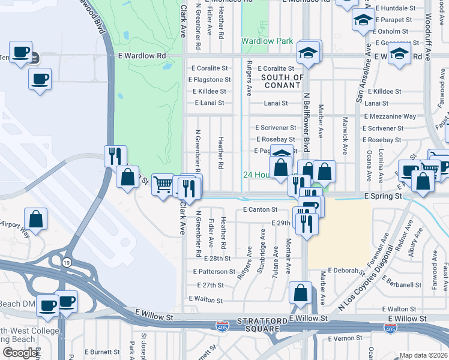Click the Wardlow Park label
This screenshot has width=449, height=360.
tap(267, 41)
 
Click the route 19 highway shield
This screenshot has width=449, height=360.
tap(67, 262)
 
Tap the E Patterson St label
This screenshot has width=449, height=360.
tap(214, 272)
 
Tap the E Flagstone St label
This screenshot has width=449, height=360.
tap(209, 80)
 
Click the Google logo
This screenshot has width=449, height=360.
tap(20, 353)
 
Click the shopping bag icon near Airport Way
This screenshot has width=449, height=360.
tap(36, 219)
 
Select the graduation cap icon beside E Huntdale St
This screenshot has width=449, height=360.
tap(363, 21)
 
